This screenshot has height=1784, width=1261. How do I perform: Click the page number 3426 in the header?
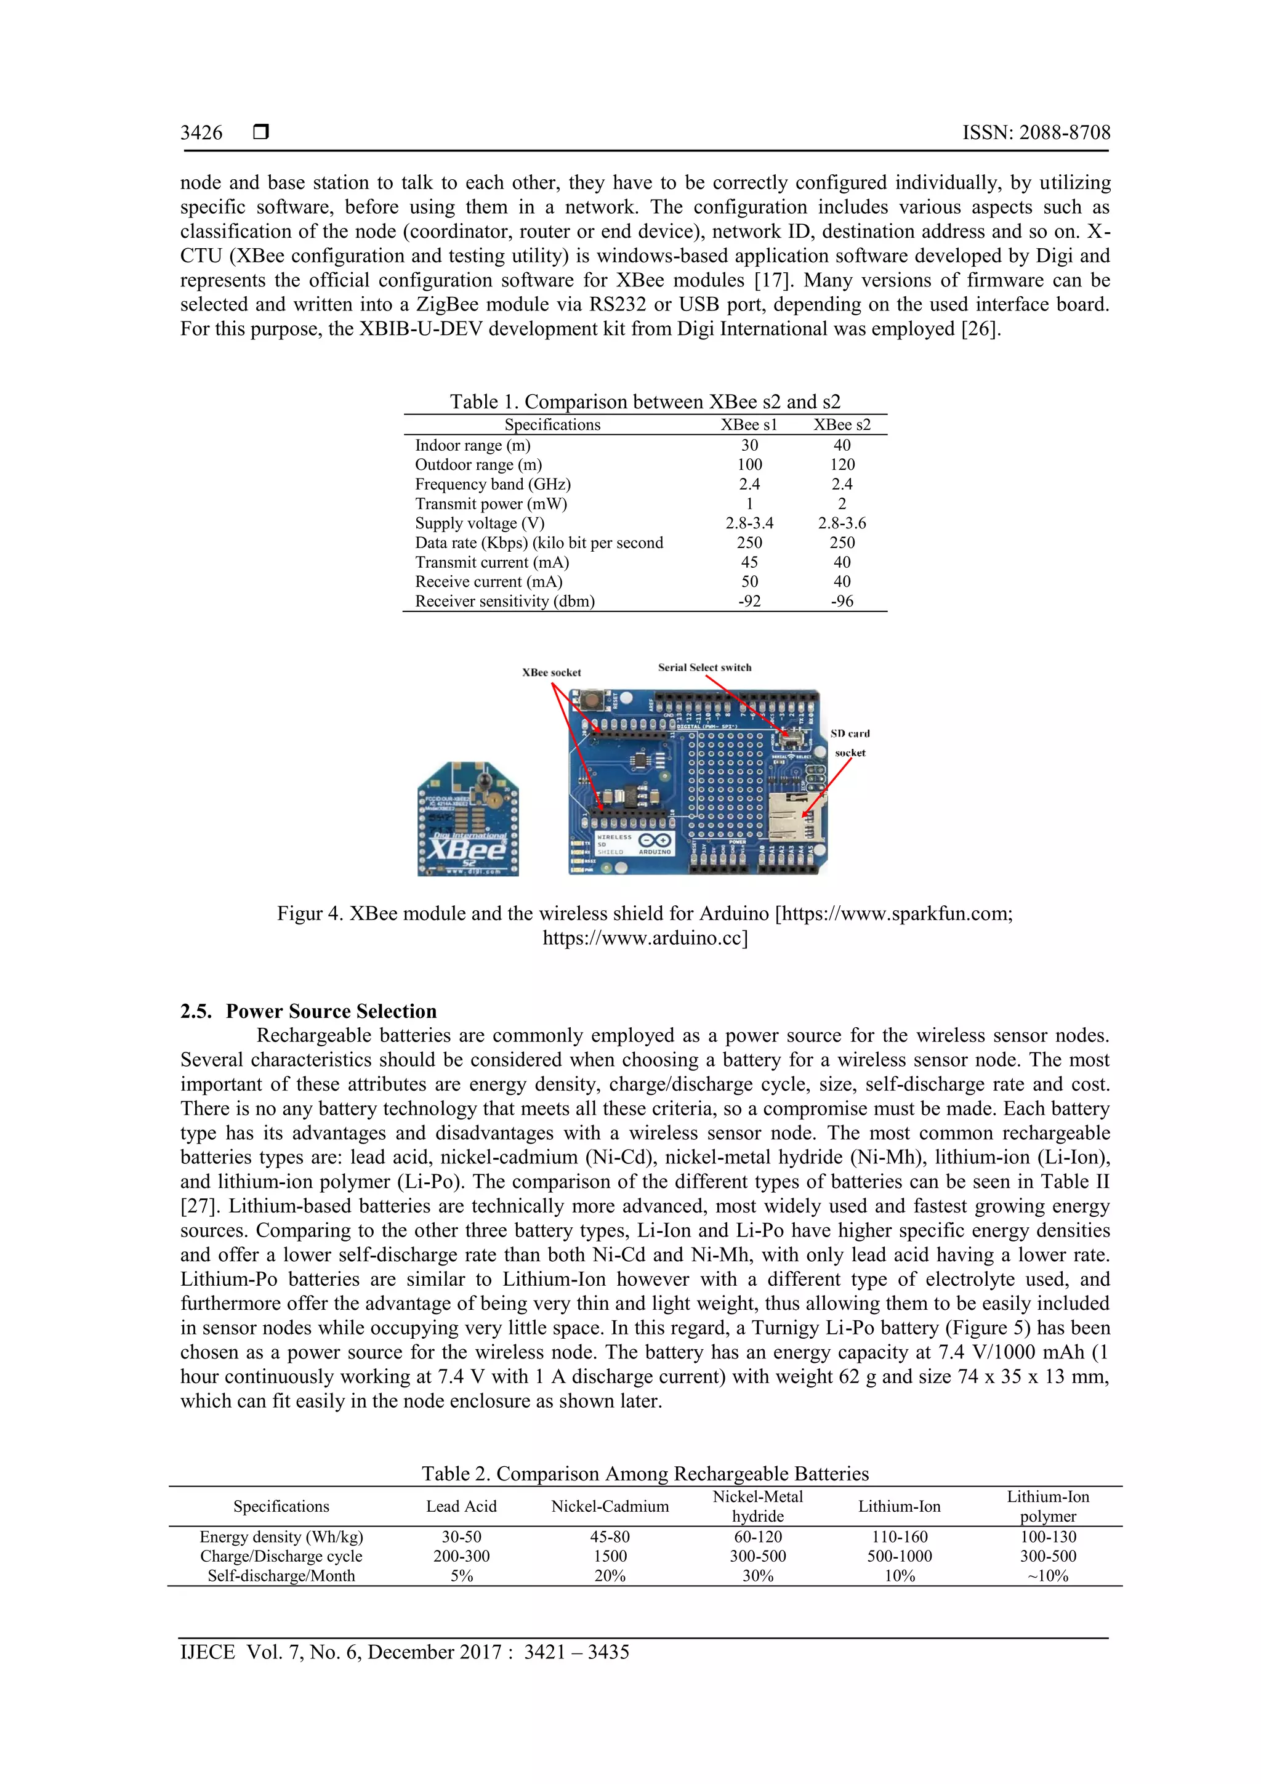(201, 133)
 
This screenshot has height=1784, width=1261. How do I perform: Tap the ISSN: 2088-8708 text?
(1036, 133)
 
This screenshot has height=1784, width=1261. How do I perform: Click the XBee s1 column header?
(748, 425)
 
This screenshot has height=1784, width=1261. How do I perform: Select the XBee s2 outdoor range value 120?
(842, 465)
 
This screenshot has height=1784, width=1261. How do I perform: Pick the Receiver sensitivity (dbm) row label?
(504, 602)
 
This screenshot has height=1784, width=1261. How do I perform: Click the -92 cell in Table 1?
(749, 602)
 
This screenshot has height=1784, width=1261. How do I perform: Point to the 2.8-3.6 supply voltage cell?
(842, 523)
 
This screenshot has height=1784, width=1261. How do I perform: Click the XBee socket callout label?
(551, 673)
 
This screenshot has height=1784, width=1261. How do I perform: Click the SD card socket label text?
(849, 743)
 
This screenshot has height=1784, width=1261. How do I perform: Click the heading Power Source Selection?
(331, 1011)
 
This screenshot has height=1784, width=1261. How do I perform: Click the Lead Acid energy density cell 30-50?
(462, 1537)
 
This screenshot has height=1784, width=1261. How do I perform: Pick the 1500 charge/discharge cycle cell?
(610, 1556)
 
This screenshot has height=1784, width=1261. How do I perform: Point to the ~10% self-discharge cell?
(1047, 1576)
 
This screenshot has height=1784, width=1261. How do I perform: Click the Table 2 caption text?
(645, 1474)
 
